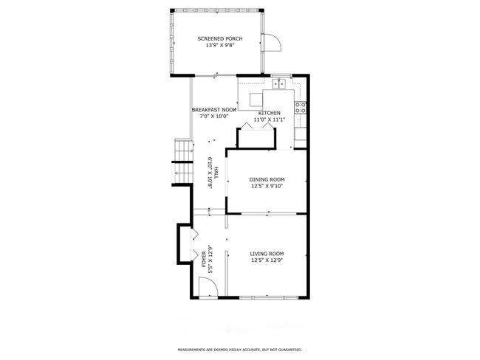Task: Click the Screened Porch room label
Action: pyautogui.click(x=220, y=38)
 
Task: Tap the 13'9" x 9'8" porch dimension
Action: pyautogui.click(x=220, y=45)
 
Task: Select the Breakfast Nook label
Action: pyautogui.click(x=214, y=110)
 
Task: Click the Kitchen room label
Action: pyautogui.click(x=270, y=113)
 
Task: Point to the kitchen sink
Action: pyautogui.click(x=279, y=83)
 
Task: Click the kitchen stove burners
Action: pyautogui.click(x=301, y=108)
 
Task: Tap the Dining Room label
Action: pyautogui.click(x=267, y=179)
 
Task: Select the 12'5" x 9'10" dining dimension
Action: pyautogui.click(x=267, y=186)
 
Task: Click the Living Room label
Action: pyautogui.click(x=267, y=254)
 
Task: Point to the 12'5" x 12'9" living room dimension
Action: pyautogui.click(x=267, y=260)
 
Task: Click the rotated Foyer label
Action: pyautogui.click(x=204, y=259)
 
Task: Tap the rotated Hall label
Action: pyautogui.click(x=216, y=173)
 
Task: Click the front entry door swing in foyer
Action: pyautogui.click(x=208, y=287)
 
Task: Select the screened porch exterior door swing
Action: pyautogui.click(x=272, y=43)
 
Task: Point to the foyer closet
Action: pyautogui.click(x=185, y=243)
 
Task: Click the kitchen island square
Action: pyautogui.click(x=256, y=100)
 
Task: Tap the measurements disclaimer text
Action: pyautogui.click(x=240, y=349)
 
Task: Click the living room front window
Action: pyautogui.click(x=269, y=297)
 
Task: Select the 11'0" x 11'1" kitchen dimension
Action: pyautogui.click(x=270, y=120)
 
